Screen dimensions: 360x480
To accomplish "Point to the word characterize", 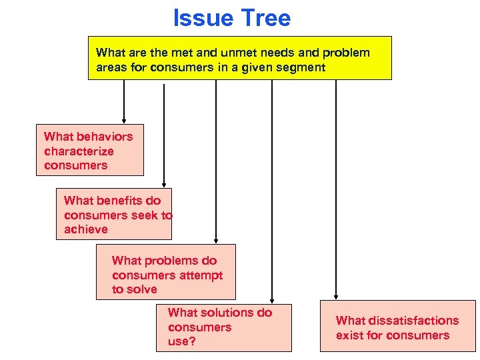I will (79, 151).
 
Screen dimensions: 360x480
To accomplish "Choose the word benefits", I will (121, 201).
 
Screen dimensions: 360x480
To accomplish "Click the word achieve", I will (85, 229).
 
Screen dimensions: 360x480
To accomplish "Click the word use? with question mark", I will (181, 342).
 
